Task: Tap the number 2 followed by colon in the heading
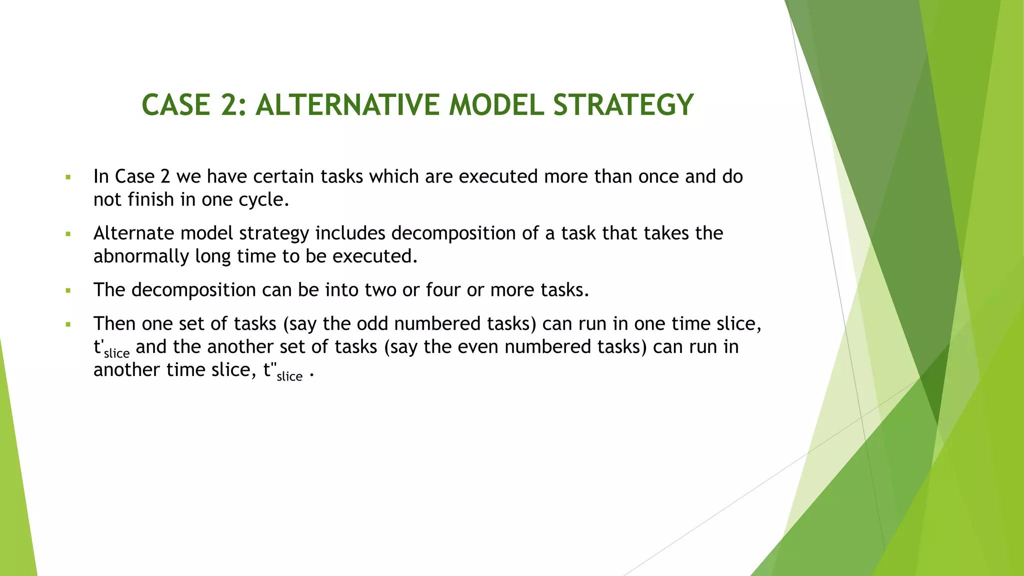233,105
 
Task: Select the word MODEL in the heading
496,105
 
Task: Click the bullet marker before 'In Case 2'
68,177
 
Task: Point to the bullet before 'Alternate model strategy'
68,233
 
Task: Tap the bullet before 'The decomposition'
68,290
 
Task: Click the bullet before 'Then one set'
68,324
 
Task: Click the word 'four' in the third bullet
443,290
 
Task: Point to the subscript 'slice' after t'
116,353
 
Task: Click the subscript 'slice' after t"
289,376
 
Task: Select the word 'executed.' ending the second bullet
374,256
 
